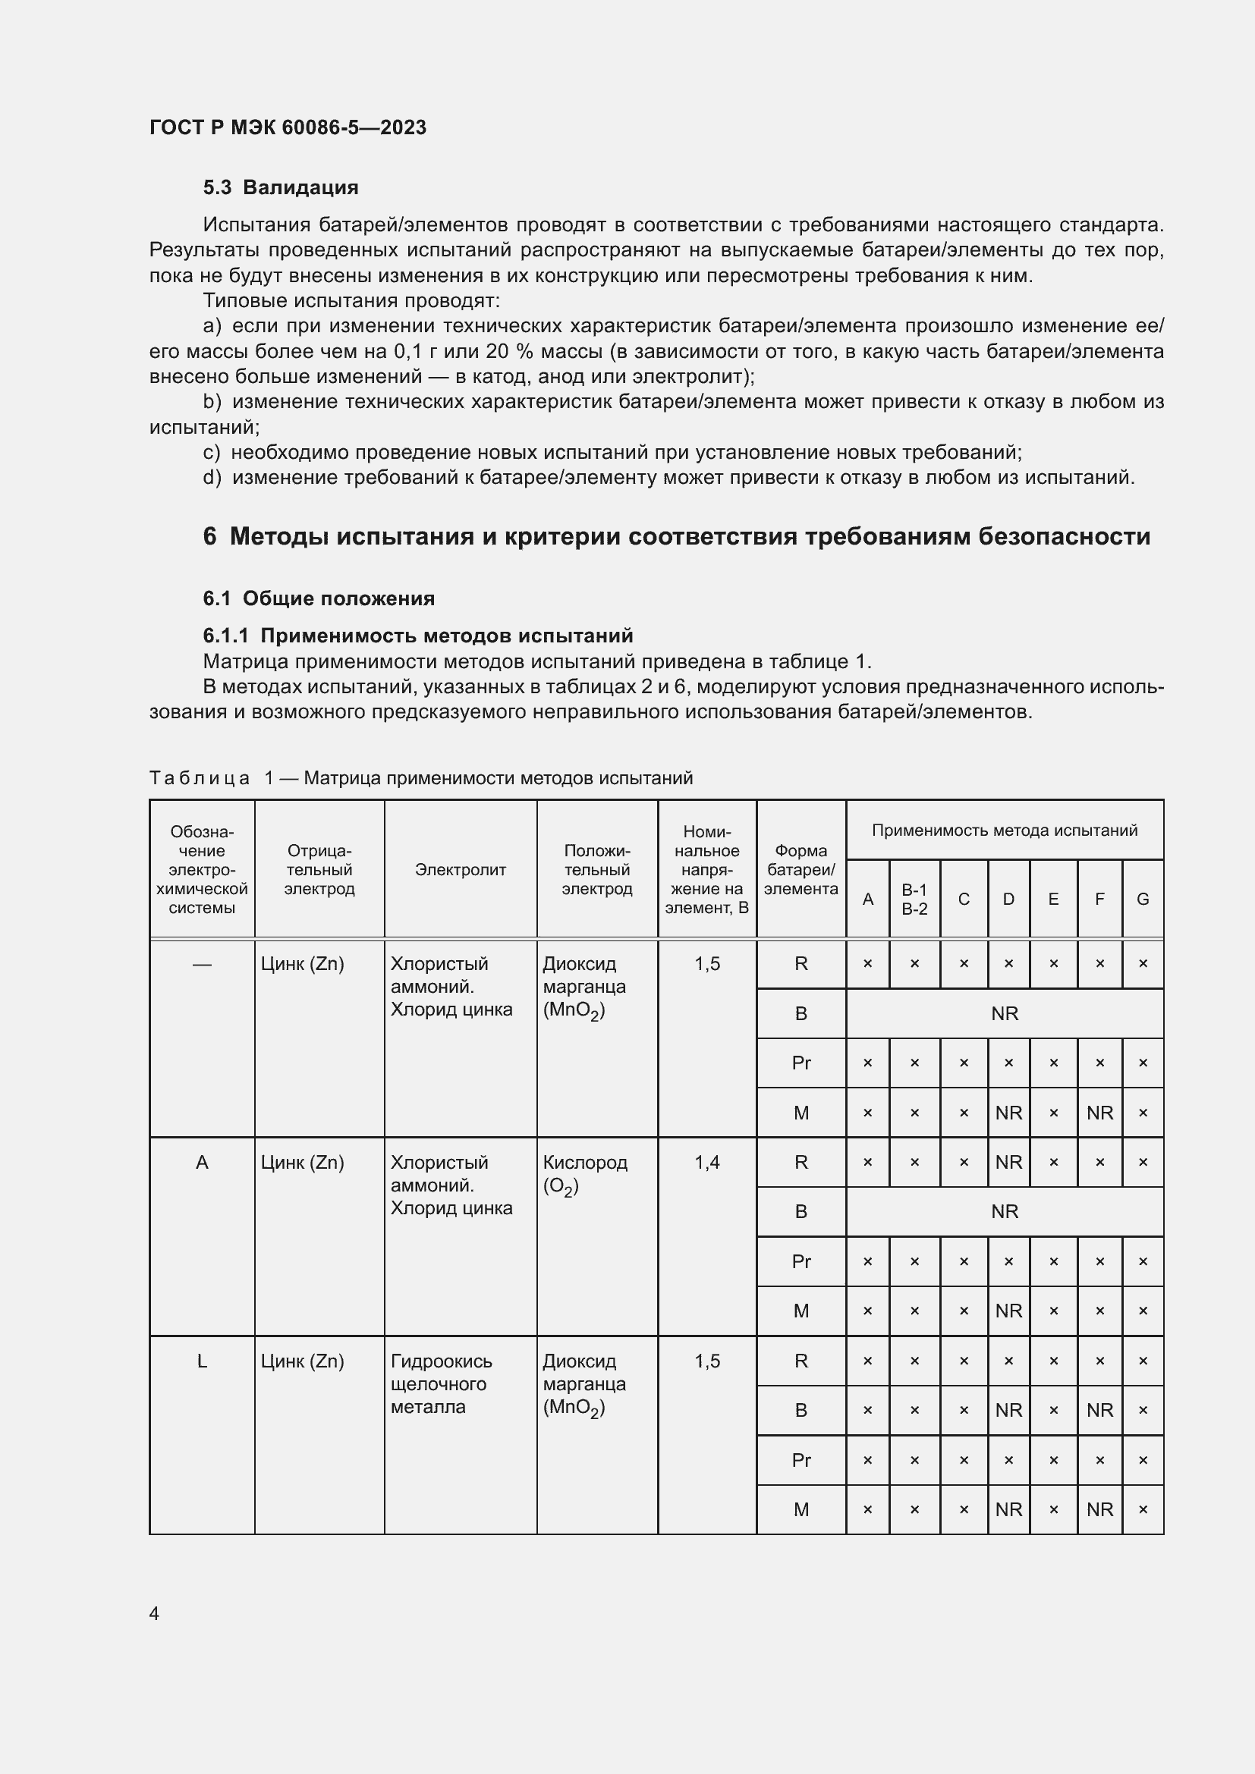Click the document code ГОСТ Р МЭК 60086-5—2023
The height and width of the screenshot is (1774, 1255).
[288, 127]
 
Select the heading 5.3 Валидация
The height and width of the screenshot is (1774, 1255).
[281, 187]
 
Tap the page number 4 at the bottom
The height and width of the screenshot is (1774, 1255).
[155, 1613]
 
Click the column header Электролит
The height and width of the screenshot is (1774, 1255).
[460, 869]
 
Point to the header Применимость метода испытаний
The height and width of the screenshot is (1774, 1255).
[1004, 830]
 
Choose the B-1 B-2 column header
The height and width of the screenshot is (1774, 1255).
[914, 900]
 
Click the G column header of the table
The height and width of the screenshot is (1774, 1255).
[1142, 900]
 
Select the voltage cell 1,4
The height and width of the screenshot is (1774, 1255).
[706, 1162]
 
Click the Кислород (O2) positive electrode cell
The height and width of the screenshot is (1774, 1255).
[584, 1173]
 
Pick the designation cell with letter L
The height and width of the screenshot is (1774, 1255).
[202, 1361]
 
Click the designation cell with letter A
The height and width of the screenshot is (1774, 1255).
[202, 1162]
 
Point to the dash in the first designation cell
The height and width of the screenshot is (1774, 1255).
[202, 963]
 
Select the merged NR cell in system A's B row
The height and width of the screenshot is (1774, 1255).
[1004, 1211]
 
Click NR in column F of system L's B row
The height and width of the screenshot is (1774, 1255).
[1099, 1410]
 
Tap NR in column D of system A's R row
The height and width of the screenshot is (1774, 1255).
[1008, 1162]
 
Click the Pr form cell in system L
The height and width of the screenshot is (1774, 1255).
[800, 1459]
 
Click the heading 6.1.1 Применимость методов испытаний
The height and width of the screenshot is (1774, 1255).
[417, 635]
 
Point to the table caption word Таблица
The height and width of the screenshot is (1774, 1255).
[200, 778]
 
